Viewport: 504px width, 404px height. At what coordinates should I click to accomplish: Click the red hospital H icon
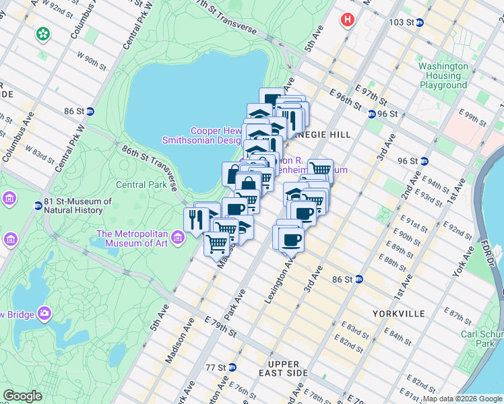click(x=348, y=20)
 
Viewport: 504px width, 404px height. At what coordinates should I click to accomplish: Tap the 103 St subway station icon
click(x=419, y=22)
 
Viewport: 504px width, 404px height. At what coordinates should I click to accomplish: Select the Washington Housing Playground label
click(x=443, y=75)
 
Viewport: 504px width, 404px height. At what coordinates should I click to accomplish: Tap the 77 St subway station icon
click(x=232, y=368)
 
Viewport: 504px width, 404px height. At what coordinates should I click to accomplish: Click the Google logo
click(x=22, y=396)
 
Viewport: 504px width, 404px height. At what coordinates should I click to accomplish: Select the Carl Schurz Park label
click(x=481, y=338)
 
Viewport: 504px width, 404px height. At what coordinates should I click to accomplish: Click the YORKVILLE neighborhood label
click(x=398, y=314)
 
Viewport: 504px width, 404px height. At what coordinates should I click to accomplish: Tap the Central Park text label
click(x=141, y=184)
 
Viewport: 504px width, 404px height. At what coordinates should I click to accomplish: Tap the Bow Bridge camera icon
click(x=45, y=313)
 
